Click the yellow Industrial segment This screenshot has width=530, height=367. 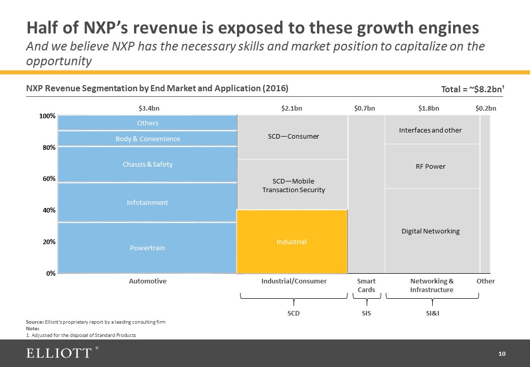click(x=291, y=242)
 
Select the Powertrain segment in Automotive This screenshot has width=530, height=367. click(x=147, y=248)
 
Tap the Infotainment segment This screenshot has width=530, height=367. click(x=147, y=202)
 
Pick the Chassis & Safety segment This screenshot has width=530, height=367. click(x=147, y=164)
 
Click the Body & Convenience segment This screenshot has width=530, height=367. click(x=147, y=139)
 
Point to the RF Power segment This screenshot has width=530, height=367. click(x=431, y=166)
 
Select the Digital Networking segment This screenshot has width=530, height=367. click(x=431, y=231)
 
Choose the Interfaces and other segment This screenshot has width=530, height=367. click(x=431, y=130)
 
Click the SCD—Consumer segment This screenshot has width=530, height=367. click(x=293, y=136)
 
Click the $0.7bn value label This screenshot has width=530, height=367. click(x=364, y=108)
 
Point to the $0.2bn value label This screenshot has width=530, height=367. click(x=486, y=108)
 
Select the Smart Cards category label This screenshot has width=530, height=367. click(x=366, y=285)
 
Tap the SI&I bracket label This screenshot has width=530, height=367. click(x=432, y=313)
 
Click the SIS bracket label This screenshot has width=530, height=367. click(x=366, y=313)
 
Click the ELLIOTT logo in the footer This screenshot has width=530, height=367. click(x=60, y=353)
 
